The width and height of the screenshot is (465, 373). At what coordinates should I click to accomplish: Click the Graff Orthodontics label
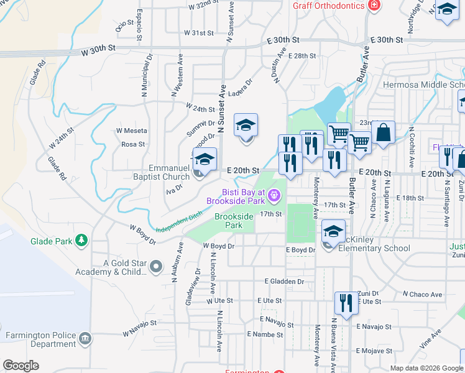[329, 6]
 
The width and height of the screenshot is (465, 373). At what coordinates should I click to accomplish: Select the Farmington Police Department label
[41, 339]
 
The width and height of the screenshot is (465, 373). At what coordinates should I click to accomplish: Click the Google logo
[21, 366]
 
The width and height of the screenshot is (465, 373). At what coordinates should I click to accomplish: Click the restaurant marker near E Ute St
[346, 303]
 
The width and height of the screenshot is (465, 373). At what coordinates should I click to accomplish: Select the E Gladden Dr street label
[283, 281]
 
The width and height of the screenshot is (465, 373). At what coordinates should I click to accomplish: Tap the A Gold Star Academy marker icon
[155, 267]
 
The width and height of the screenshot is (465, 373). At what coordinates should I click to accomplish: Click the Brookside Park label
[233, 221]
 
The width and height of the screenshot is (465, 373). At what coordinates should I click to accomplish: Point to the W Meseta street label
[131, 131]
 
